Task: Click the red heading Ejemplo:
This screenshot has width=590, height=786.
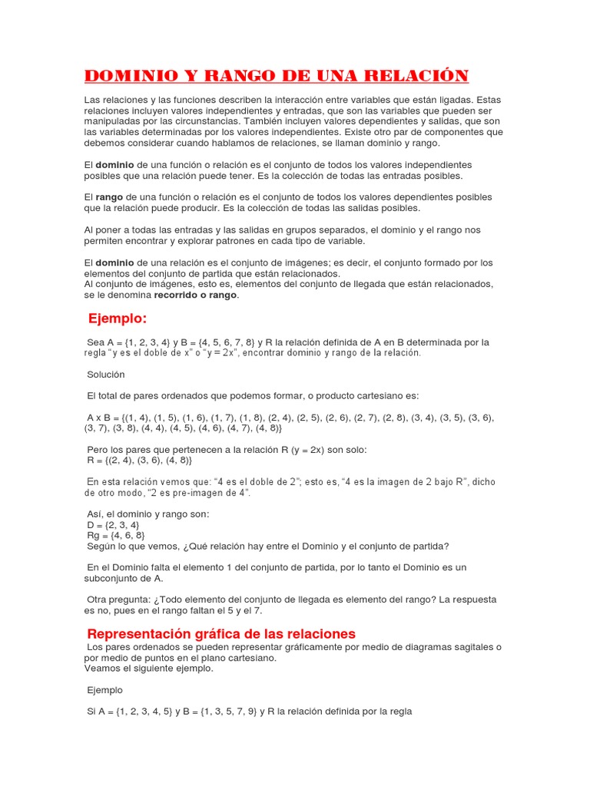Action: point(117,319)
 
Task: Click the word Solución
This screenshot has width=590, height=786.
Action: point(106,375)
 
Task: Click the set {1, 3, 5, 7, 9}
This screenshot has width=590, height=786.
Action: point(220,712)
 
